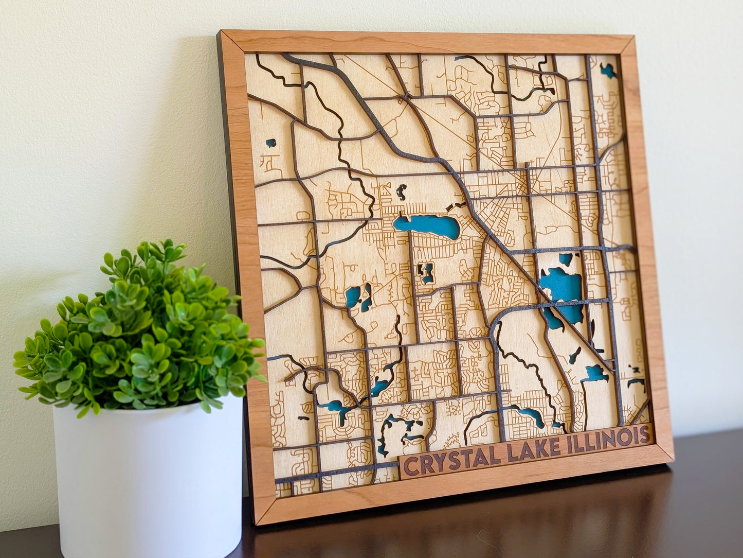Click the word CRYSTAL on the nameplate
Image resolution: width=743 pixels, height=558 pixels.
coord(452,460)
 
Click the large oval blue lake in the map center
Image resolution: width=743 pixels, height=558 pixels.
coord(427,226)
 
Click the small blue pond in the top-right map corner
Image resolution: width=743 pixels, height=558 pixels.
coord(608,71)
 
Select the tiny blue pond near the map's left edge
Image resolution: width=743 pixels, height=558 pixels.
coord(270,142)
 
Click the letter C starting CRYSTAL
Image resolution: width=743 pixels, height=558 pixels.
coord(410,466)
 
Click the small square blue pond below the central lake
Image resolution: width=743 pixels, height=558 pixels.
coord(426,273)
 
